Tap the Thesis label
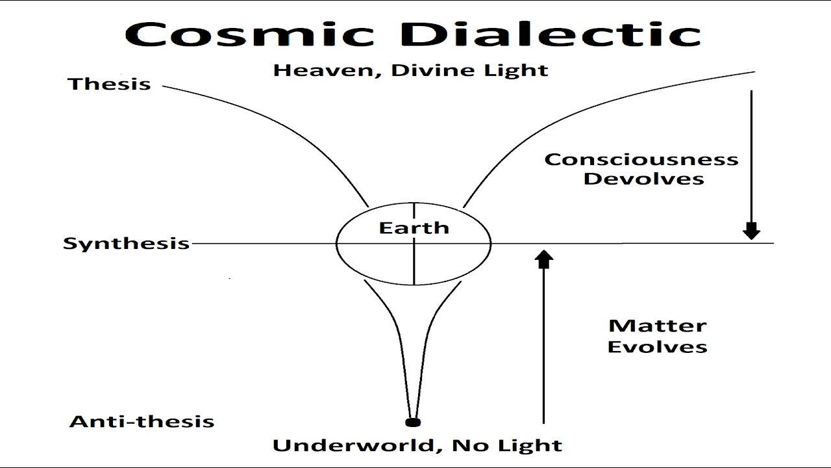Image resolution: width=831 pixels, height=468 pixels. tap(109, 84)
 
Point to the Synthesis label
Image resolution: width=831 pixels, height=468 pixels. tap(126, 243)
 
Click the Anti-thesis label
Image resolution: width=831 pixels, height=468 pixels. tap(142, 421)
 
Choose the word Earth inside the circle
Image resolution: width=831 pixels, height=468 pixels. tap(414, 227)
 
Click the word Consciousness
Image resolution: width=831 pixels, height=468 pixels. tap(641, 159)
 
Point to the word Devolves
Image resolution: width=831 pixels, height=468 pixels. tap(643, 179)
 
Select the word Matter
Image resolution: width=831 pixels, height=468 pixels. tap(657, 326)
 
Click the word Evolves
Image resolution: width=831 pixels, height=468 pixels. tap(657, 346)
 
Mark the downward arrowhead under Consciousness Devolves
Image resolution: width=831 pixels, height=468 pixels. tap(751, 231)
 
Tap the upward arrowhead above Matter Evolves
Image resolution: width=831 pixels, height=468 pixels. tap(544, 259)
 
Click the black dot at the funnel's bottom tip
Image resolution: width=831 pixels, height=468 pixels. tap(412, 422)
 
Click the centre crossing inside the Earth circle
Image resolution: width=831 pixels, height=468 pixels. tap(414, 243)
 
